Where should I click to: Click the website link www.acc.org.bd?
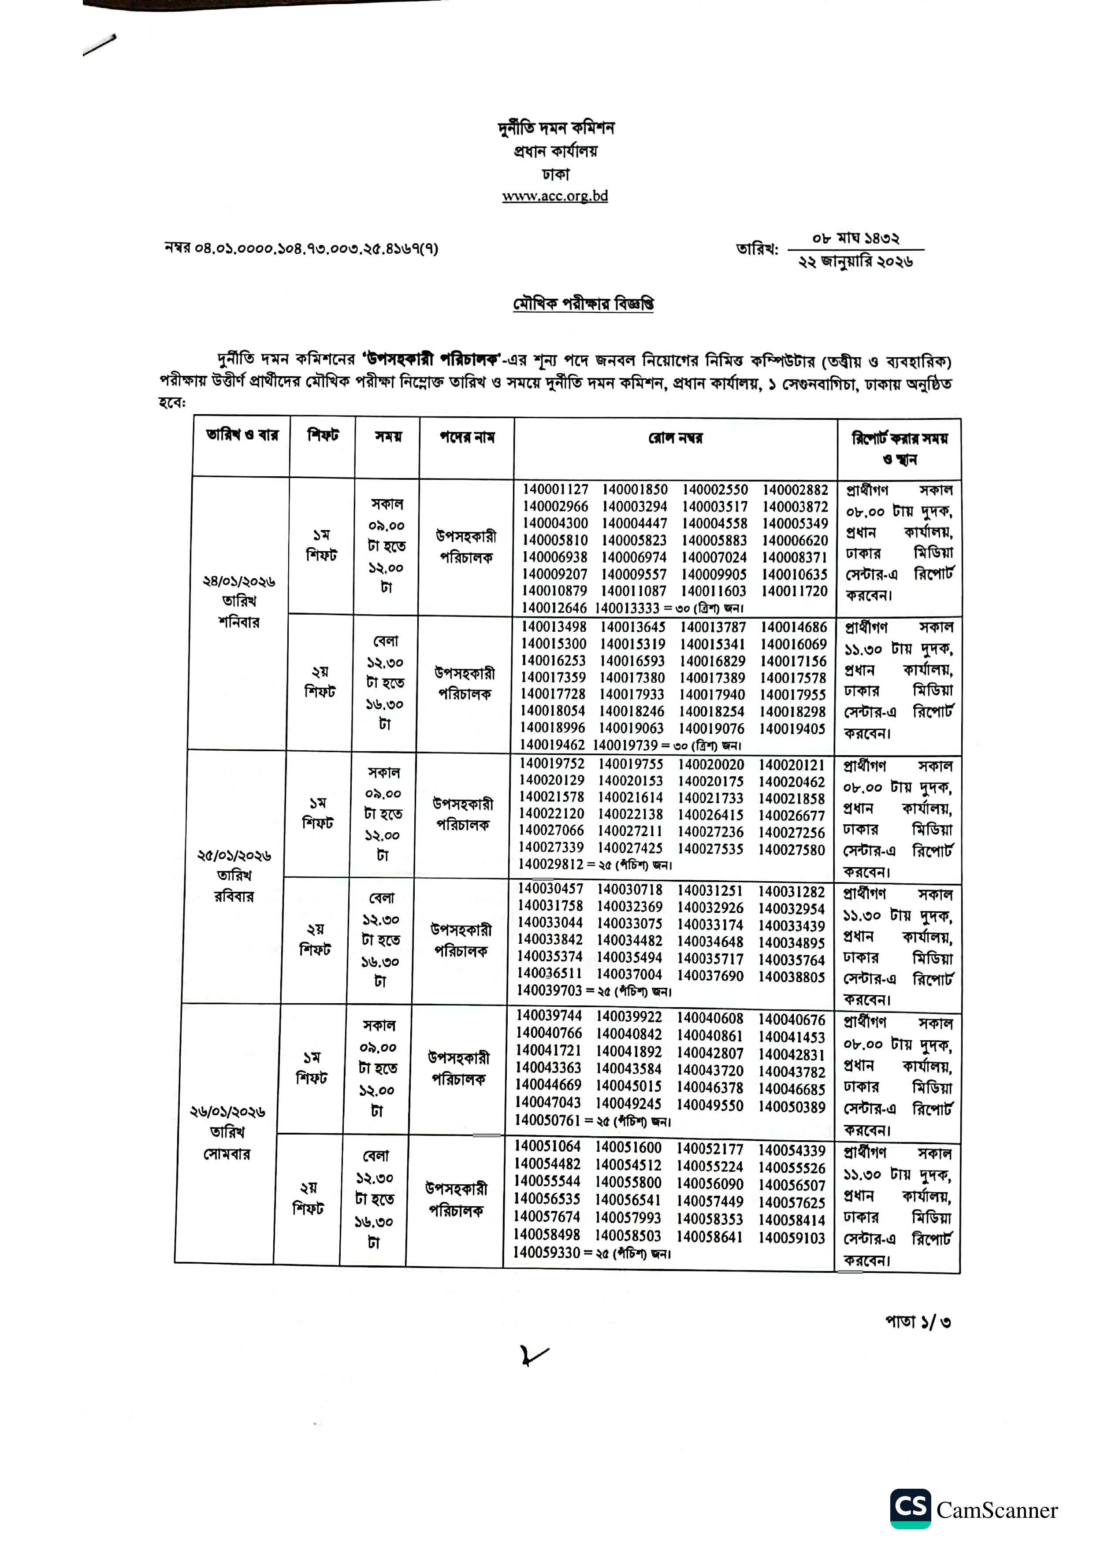pyautogui.click(x=555, y=196)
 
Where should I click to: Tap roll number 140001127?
pyautogui.click(x=556, y=489)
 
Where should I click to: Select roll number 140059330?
pyautogui.click(x=546, y=1253)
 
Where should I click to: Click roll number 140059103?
pyautogui.click(x=791, y=1238)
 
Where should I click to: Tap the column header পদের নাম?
pyautogui.click(x=467, y=437)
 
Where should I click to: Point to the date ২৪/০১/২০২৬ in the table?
pyautogui.click(x=239, y=581)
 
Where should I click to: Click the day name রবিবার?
pyautogui.click(x=234, y=896)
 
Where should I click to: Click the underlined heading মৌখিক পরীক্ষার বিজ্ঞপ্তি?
pyautogui.click(x=583, y=304)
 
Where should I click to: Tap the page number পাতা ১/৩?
pyautogui.click(x=917, y=1322)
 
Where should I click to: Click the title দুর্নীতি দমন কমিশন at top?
pyautogui.click(x=556, y=127)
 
